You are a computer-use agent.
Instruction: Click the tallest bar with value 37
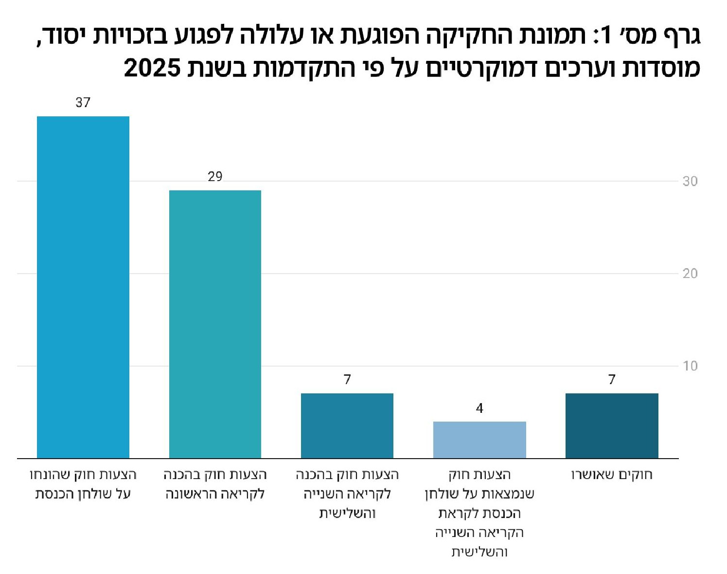point(83,287)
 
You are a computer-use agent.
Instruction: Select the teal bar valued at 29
point(215,324)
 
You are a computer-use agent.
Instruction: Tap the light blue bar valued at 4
point(479,440)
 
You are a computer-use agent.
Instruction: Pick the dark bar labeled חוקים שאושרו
point(612,426)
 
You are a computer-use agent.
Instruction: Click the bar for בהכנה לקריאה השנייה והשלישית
point(347,426)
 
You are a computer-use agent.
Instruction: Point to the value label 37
point(83,103)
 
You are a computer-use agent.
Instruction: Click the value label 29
point(215,177)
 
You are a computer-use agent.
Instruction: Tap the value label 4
point(479,408)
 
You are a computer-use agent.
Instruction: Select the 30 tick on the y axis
point(690,182)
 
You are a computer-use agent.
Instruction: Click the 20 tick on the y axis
point(690,274)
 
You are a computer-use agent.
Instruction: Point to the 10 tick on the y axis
point(690,366)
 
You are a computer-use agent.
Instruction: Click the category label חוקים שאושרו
point(612,475)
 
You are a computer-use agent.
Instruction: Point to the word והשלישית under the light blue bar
point(479,552)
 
